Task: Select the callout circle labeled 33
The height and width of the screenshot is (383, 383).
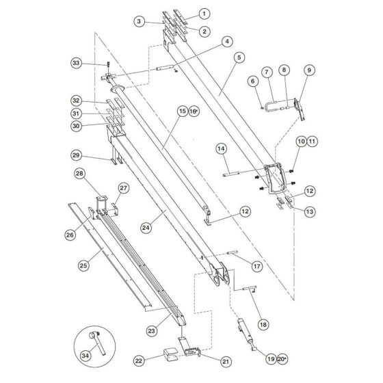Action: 77,63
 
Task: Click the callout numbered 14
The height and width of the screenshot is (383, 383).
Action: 221,148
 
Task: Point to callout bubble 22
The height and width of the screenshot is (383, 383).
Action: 140,360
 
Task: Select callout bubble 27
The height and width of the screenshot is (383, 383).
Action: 124,188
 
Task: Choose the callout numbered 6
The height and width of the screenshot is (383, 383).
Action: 252,81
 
